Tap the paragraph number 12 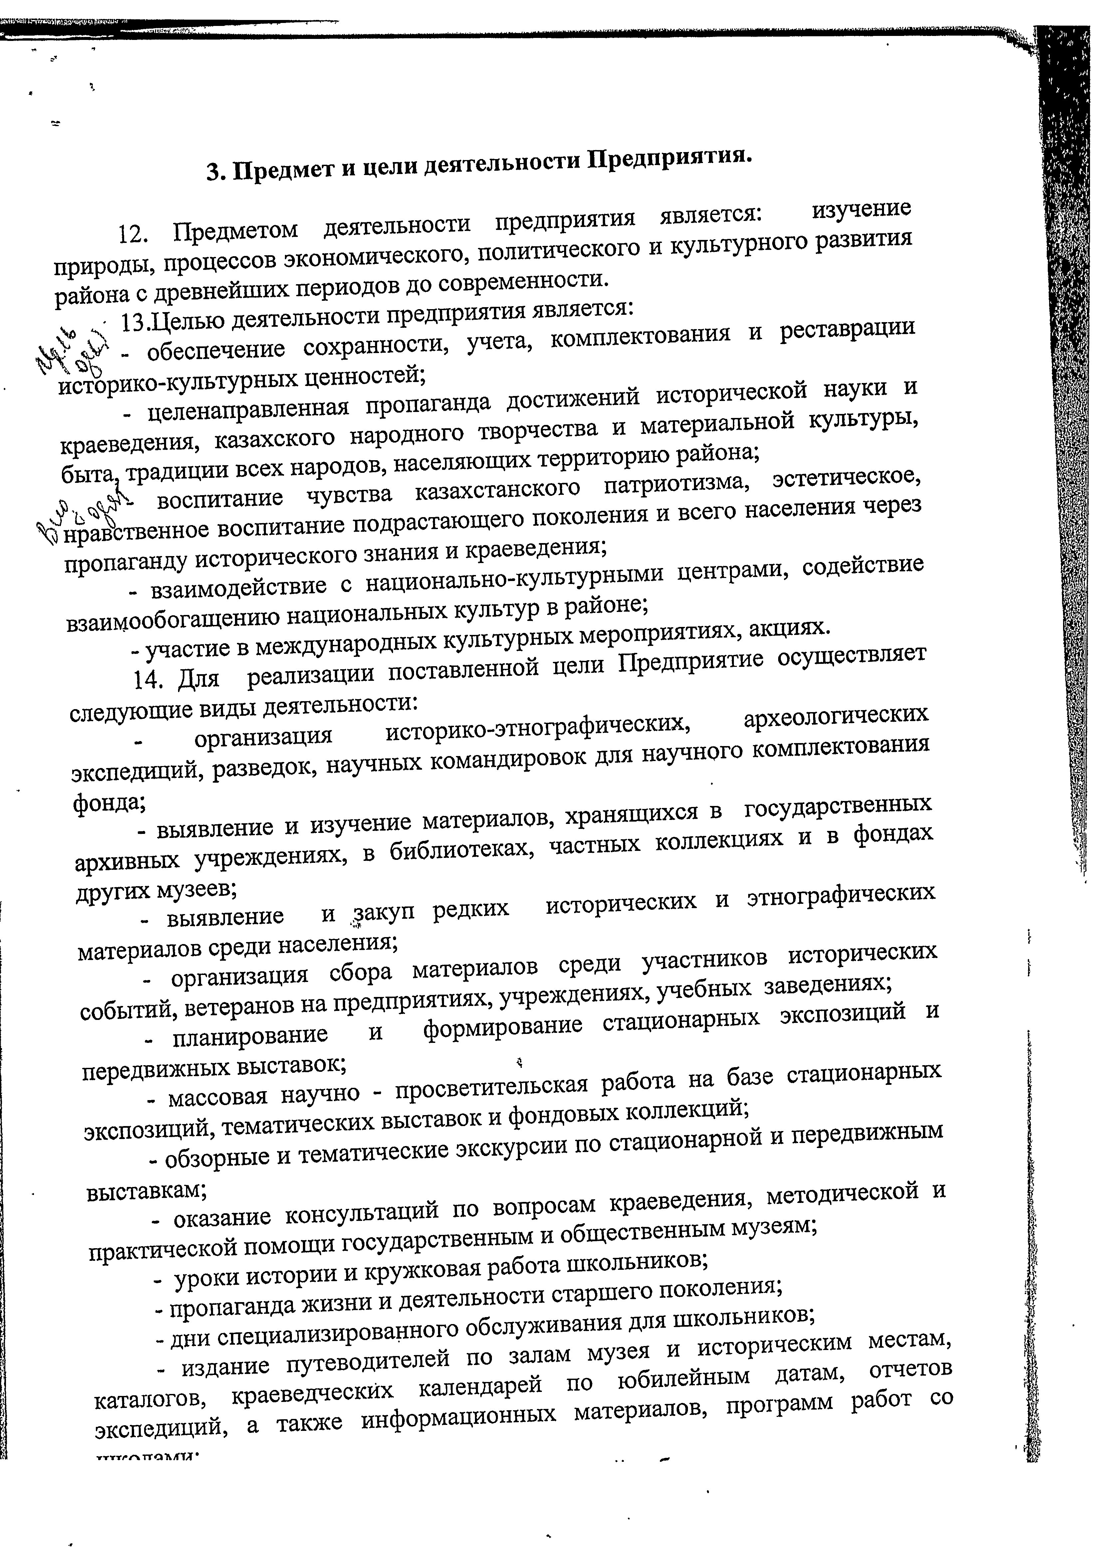click(x=131, y=234)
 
